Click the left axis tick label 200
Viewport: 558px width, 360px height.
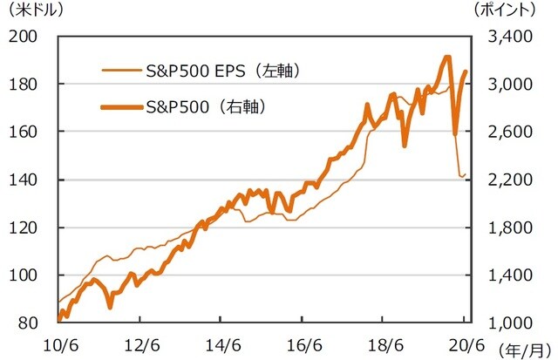pos(26,37)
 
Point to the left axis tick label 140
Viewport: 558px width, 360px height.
pos(26,180)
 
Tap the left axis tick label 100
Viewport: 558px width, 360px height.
pos(26,275)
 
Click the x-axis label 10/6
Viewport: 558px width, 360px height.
pos(58,342)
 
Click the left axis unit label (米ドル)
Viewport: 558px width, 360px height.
pos(33,11)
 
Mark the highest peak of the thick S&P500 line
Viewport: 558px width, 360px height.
pos(446,58)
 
